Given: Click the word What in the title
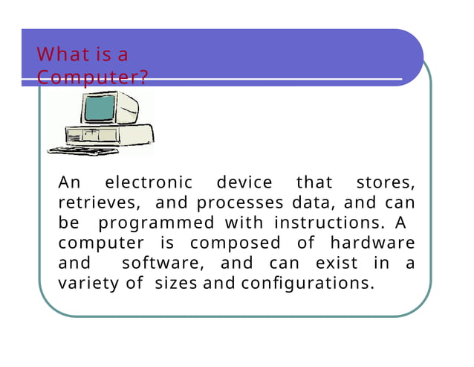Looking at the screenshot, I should [57, 54].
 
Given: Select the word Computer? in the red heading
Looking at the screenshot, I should [93, 77].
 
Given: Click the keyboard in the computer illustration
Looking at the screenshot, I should [82, 150].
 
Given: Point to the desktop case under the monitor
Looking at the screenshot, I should [111, 135].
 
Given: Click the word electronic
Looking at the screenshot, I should [148, 182].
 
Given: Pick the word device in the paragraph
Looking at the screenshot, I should [244, 182].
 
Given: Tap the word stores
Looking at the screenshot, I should [385, 182].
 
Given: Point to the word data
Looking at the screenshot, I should [310, 202].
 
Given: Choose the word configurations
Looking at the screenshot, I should [305, 283].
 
